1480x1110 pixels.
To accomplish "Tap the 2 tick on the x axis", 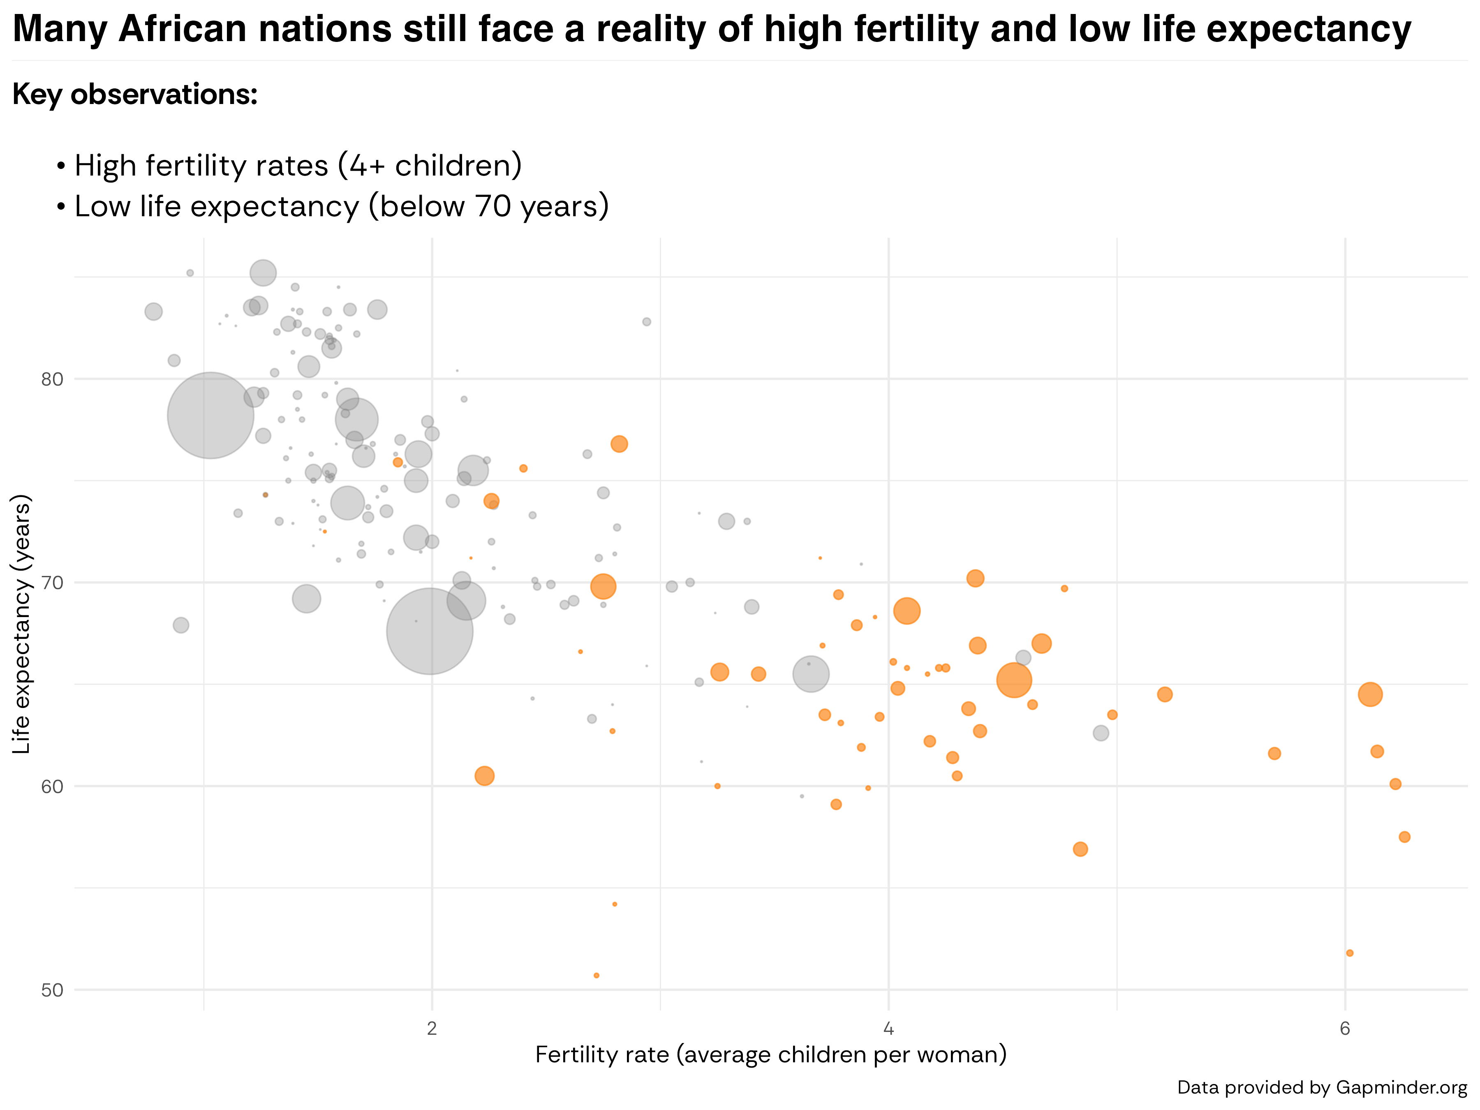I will tap(432, 1028).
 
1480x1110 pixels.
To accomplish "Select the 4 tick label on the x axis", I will tap(888, 1028).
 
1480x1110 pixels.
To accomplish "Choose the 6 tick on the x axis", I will tap(1345, 1028).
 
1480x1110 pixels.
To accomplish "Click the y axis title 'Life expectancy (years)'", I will tap(22, 624).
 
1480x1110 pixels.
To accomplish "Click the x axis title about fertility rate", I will tap(771, 1055).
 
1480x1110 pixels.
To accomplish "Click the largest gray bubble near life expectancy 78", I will tap(210, 416).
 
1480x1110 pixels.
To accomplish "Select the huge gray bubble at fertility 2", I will tap(430, 631).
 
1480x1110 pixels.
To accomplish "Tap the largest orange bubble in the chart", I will tap(1014, 680).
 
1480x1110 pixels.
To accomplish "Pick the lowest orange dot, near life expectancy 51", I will tap(596, 976).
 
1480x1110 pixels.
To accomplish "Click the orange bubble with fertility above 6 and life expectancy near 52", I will tap(1350, 953).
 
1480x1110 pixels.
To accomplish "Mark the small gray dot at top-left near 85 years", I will tap(190, 273).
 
